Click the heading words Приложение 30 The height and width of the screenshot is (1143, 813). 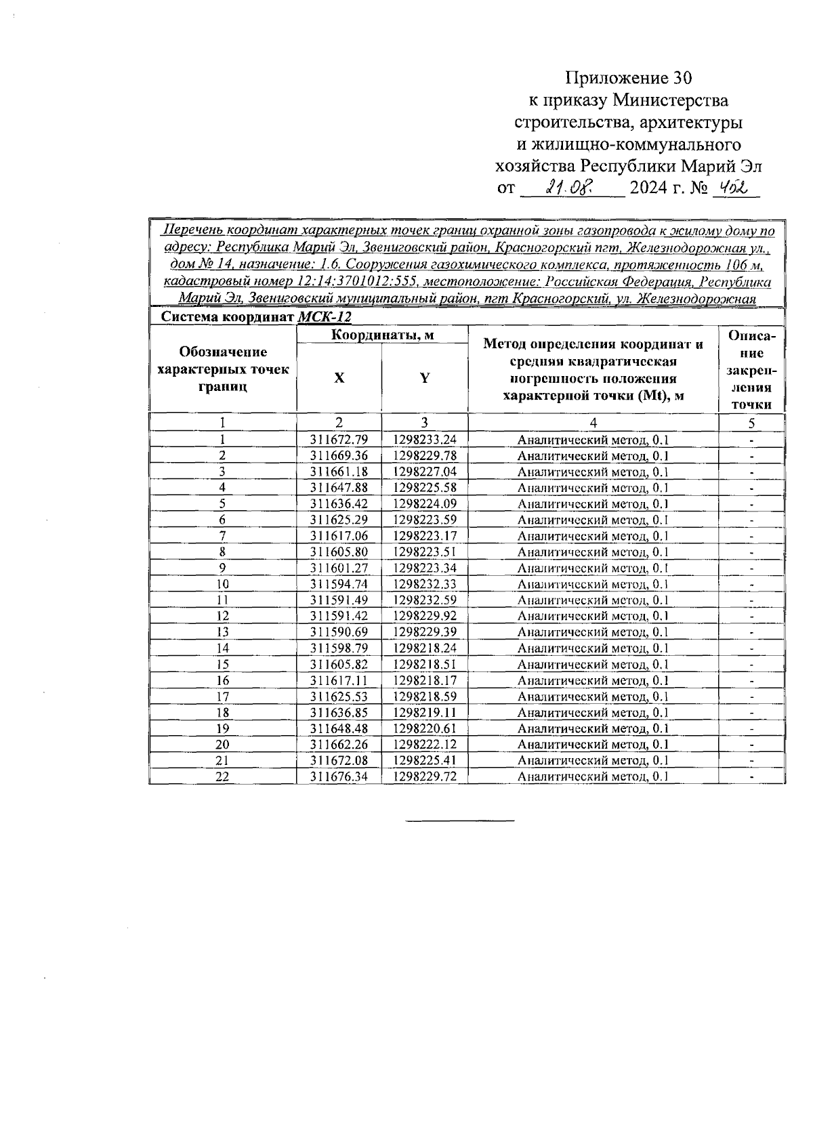(629, 78)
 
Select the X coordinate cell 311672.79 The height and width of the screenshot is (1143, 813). (339, 439)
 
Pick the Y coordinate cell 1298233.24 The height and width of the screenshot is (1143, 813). (425, 439)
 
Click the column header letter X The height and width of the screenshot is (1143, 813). (339, 378)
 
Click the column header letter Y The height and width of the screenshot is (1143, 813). (424, 378)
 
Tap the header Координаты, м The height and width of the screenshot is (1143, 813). (382, 335)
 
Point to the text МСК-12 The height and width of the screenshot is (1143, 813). (325, 317)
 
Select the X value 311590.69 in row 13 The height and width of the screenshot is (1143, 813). (339, 631)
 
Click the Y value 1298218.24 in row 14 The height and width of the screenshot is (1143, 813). (425, 648)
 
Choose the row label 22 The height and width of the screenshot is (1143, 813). (222, 776)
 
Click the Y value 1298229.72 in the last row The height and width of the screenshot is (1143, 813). (425, 776)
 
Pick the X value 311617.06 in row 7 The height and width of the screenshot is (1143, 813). (339, 535)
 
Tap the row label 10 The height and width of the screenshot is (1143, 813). (222, 584)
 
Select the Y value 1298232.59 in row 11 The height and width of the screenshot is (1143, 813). (425, 600)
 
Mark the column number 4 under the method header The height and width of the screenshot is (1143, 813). (593, 422)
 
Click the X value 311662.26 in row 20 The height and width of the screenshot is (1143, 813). (339, 744)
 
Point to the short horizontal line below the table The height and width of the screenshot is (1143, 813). (460, 821)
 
